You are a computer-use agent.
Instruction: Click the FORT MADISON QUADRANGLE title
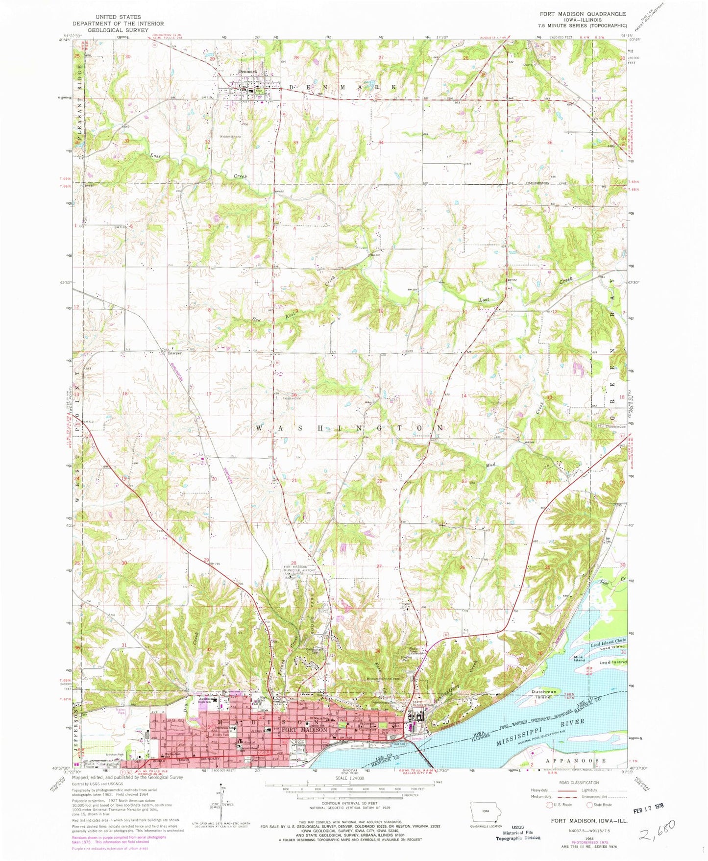(579, 14)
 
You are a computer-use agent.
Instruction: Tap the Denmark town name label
(247, 72)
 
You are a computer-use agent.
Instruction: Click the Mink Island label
(580, 658)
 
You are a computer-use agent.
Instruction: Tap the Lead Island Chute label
(608, 642)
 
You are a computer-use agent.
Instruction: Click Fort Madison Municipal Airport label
(298, 571)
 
